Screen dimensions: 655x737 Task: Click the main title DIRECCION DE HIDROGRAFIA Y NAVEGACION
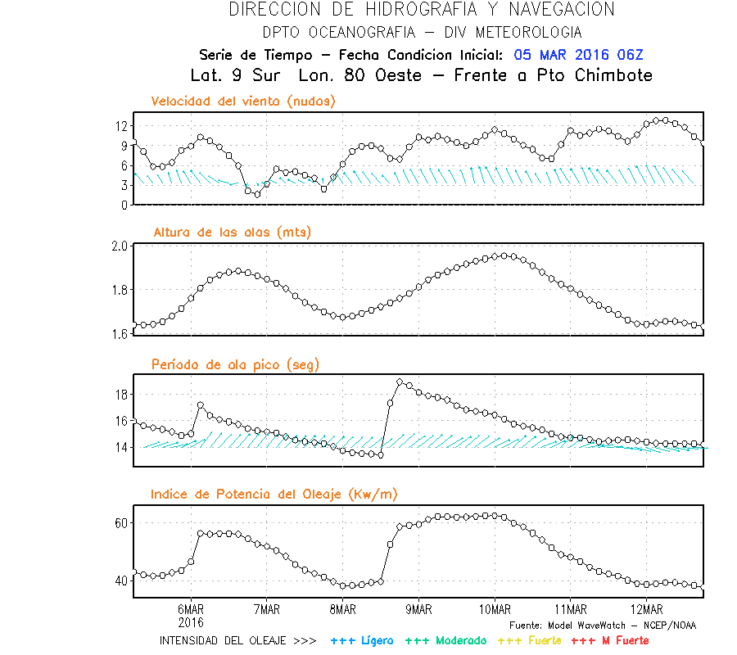tap(421, 10)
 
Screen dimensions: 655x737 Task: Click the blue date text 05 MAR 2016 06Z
tap(579, 55)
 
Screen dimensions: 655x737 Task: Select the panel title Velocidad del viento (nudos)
tap(243, 102)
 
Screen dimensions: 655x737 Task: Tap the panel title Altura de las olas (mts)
tap(233, 233)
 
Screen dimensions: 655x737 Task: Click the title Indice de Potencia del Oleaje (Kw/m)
tap(274, 495)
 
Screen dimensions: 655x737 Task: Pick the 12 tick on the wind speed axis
tap(120, 126)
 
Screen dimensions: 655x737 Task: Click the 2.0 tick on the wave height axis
tap(119, 246)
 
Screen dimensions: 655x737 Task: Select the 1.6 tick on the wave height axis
tap(119, 333)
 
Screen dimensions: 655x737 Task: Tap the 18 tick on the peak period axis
tap(120, 395)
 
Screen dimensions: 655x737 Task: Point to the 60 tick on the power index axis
tap(120, 522)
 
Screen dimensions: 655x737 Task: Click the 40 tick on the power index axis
tap(120, 580)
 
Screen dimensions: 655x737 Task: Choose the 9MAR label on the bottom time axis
tap(418, 609)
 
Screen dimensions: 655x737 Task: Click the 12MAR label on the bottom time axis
tap(647, 609)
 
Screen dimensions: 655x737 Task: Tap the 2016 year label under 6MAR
tap(190, 621)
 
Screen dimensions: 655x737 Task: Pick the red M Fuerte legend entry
tap(609, 640)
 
